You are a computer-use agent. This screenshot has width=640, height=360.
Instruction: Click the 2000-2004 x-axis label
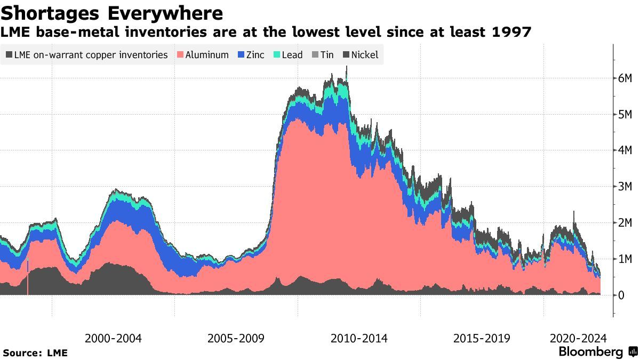coord(113,338)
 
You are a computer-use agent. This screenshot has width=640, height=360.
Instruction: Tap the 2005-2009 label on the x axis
coord(236,338)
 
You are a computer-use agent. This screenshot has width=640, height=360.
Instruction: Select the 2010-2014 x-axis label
coord(359,338)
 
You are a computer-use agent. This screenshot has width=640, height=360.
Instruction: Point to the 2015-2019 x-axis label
coord(482,338)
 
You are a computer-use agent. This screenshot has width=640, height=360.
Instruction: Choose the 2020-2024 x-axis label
coord(578,338)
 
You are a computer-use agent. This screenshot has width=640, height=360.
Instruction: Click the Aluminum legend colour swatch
coord(180,55)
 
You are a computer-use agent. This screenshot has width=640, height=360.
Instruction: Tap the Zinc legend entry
coord(250,55)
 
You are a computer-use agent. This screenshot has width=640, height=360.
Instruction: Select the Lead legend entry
coord(288,55)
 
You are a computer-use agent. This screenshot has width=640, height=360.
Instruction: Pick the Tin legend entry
coord(322,55)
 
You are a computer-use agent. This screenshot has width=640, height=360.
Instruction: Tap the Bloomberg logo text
coord(590,352)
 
